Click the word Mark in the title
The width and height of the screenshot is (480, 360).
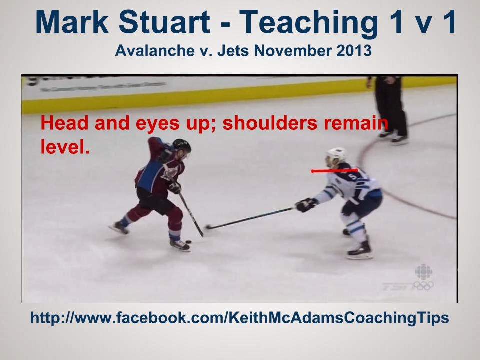[x=72, y=22]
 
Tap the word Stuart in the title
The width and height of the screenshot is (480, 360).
[x=164, y=22]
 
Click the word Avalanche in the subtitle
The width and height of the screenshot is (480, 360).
[x=155, y=51]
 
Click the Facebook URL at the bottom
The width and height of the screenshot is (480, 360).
[x=240, y=318]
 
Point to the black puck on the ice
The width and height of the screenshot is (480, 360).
[x=189, y=242]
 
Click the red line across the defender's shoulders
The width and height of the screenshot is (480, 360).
[x=334, y=170]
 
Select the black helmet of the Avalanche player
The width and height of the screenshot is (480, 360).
[x=182, y=146]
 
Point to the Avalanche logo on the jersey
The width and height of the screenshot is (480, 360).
[x=169, y=172]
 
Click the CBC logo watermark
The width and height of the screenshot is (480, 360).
[x=423, y=272]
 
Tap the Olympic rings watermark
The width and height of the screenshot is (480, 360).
[x=423, y=286]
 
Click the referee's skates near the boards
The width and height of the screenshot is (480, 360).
[x=393, y=137]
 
